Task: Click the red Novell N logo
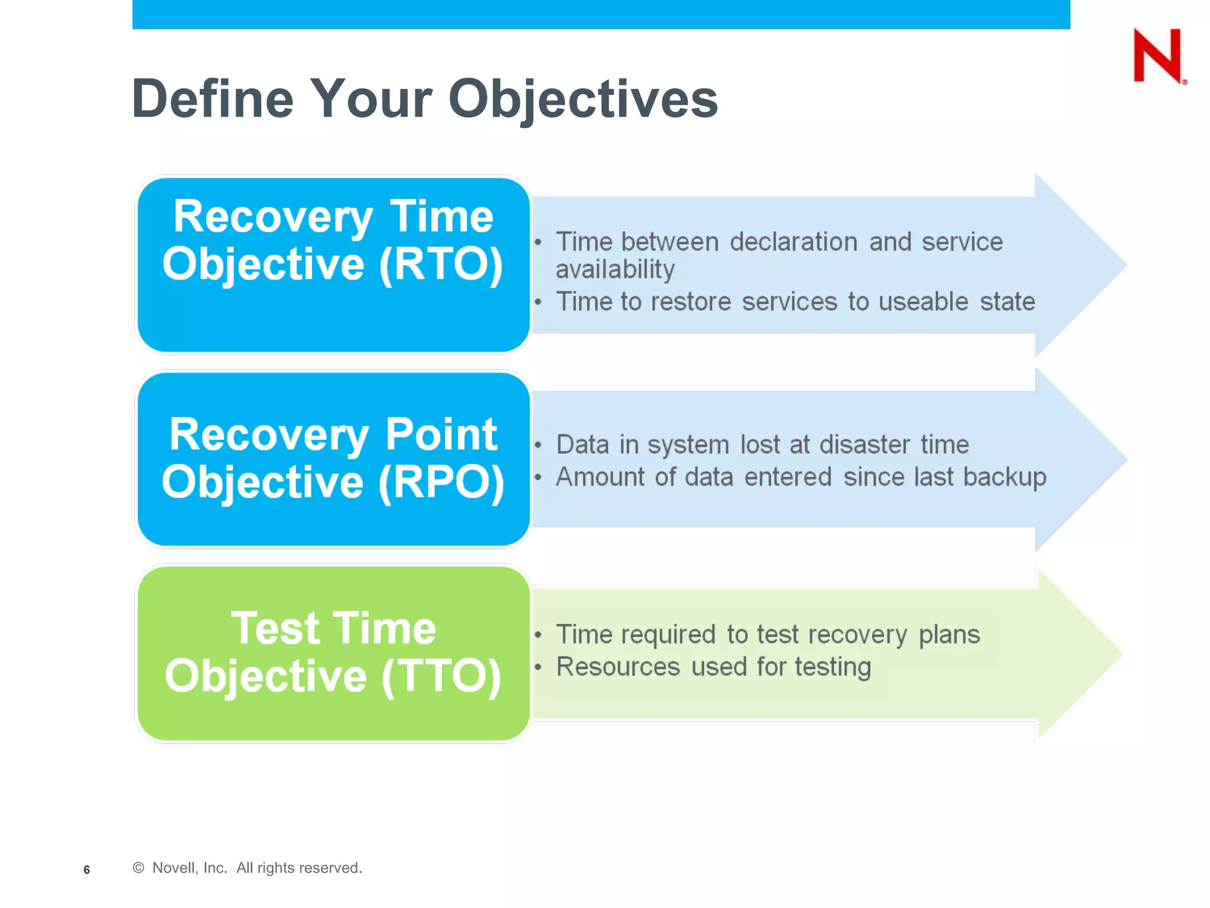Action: (1157, 56)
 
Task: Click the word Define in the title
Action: (213, 99)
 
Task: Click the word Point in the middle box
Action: (441, 434)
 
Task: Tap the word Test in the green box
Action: (275, 628)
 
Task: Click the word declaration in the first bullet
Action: (793, 242)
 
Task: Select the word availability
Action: (615, 270)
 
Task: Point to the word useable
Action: (923, 302)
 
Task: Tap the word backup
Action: (1004, 478)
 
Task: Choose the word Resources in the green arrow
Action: (618, 667)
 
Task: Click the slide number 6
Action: (87, 870)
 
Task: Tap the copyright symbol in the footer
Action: (139, 868)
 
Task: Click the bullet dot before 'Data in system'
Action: (538, 445)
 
